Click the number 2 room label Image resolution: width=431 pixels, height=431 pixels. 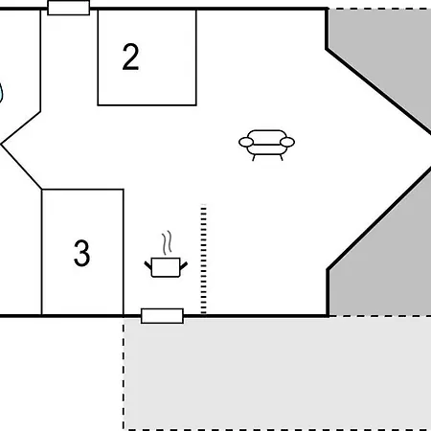(130, 57)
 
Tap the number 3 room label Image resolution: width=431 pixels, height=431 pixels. (81, 253)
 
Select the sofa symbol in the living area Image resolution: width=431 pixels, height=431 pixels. (267, 145)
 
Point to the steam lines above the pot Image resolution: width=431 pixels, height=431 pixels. (167, 243)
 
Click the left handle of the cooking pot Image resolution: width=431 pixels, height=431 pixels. (148, 265)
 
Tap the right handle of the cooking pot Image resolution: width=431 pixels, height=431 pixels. (184, 265)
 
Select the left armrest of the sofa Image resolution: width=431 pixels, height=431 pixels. (246, 142)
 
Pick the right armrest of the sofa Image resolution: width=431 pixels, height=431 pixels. (287, 142)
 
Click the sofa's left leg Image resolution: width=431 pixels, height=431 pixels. (254, 158)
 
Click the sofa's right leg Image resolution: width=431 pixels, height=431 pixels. (282, 158)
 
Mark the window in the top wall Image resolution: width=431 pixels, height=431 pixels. (69, 8)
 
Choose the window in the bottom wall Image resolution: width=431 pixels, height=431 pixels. (162, 316)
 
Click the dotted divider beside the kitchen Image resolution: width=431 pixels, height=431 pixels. (203, 260)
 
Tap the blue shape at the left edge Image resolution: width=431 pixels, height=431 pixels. (1, 93)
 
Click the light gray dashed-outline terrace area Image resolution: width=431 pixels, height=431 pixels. (277, 374)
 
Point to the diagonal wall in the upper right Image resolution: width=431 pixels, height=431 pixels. (378, 91)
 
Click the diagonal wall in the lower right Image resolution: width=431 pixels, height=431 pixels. (379, 218)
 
